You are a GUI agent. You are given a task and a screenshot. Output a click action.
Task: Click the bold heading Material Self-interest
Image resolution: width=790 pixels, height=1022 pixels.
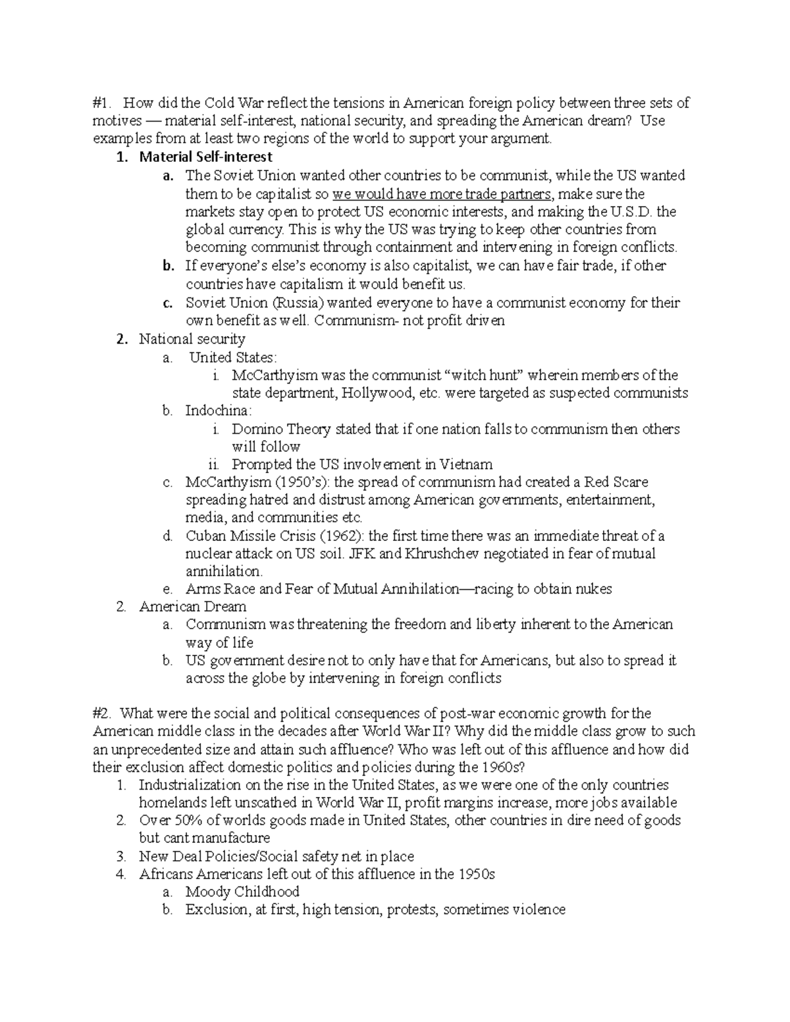coord(205,157)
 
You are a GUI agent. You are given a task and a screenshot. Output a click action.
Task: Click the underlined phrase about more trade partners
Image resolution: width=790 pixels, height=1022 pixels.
coord(442,194)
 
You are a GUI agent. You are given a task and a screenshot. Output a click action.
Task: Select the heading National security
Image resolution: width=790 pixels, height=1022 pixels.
coord(192,340)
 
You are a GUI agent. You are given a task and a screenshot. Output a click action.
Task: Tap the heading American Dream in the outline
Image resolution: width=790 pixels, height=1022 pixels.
coord(192,607)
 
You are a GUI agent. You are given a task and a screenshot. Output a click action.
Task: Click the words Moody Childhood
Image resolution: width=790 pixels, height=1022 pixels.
coord(242,892)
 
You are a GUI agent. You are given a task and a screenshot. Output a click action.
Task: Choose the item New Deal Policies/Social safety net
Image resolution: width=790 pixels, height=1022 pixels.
coord(276,857)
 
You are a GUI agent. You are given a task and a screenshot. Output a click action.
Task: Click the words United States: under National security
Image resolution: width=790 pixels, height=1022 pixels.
coord(233,357)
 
